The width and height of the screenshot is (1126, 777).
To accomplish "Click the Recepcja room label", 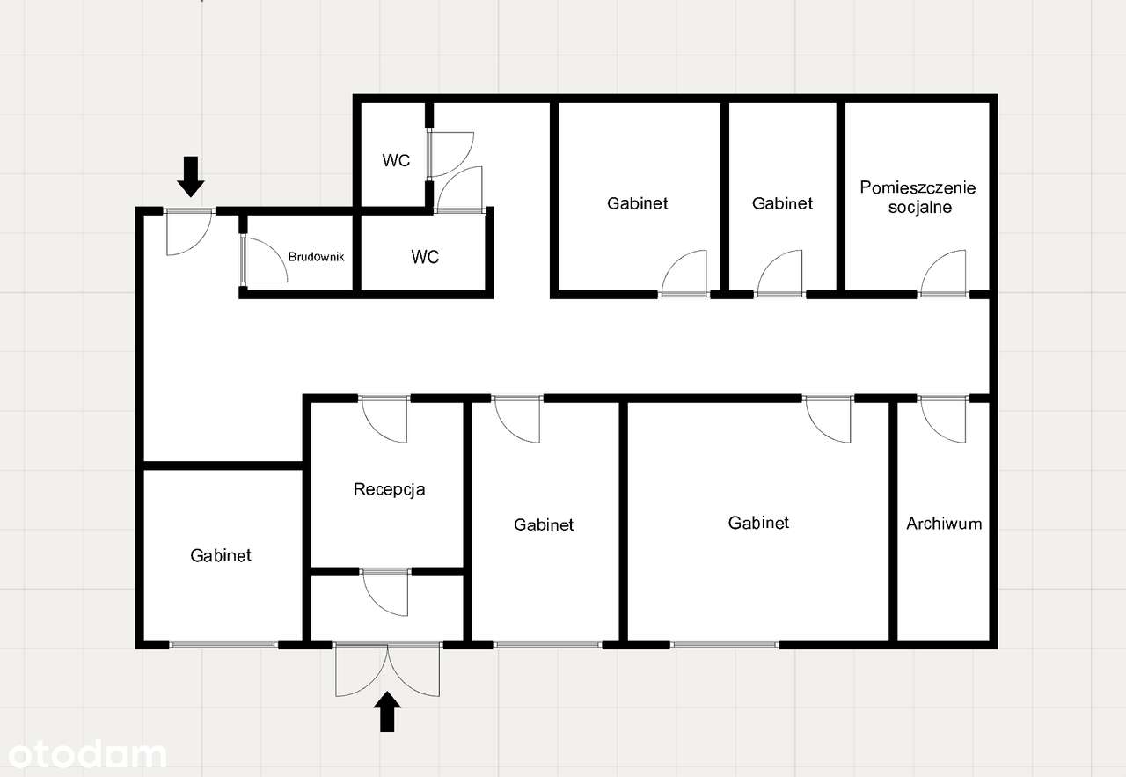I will [x=389, y=489].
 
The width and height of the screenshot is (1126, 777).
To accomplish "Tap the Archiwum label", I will [x=944, y=524].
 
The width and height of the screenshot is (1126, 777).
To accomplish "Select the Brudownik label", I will [x=316, y=257].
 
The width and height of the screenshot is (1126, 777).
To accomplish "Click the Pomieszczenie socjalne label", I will [x=918, y=198].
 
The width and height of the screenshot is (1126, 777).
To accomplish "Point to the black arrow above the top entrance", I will [x=191, y=175].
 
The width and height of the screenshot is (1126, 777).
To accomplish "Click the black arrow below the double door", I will [x=387, y=712].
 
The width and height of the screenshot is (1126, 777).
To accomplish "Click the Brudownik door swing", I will [x=264, y=260].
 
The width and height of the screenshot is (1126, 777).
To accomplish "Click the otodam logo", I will [x=84, y=754].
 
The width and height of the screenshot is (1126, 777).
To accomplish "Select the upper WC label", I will [x=396, y=160].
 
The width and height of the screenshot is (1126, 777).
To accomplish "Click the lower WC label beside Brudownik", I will [x=425, y=257].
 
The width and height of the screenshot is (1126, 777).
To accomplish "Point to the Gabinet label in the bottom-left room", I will [x=221, y=555].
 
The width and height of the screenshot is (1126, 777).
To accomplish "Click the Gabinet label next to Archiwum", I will [x=758, y=523].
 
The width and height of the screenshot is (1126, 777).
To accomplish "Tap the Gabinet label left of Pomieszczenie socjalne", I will [x=782, y=203].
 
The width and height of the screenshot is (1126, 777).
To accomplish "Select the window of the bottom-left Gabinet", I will [x=223, y=645].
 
